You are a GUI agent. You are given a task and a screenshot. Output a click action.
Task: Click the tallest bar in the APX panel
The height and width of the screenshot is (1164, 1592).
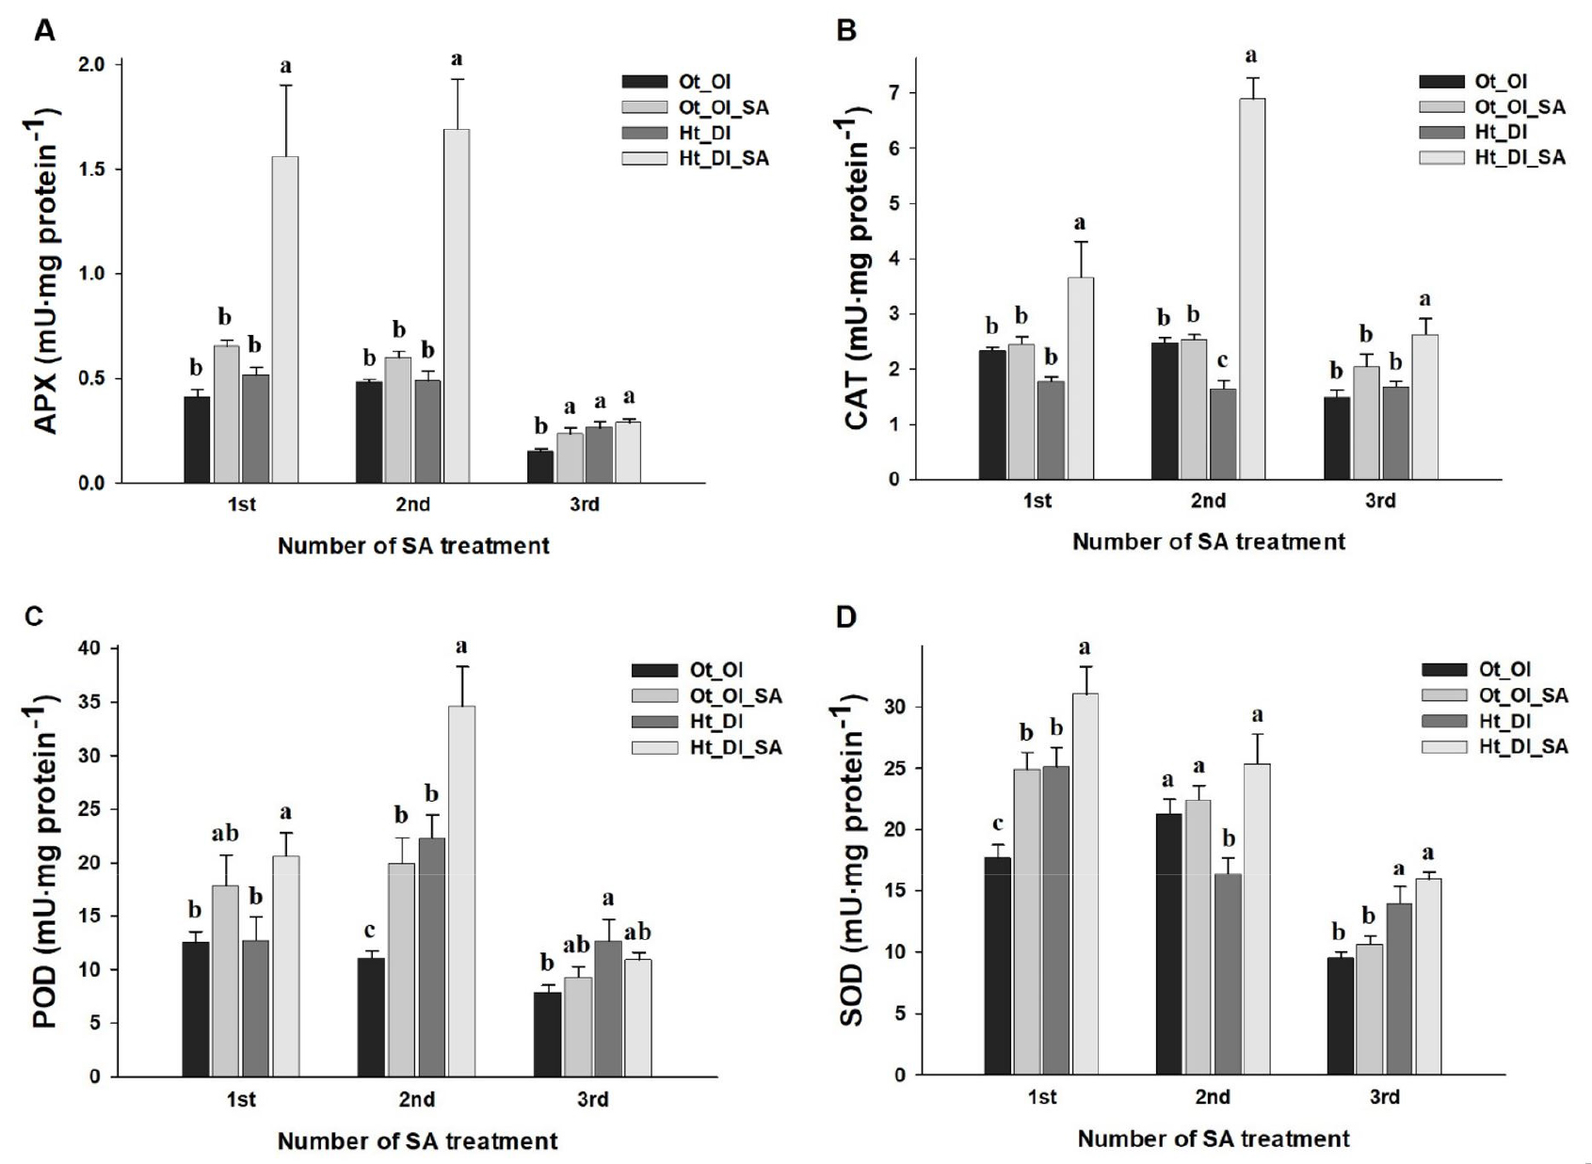[457, 306]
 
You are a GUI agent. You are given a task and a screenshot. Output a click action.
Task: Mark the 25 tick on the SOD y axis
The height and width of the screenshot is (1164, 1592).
[891, 768]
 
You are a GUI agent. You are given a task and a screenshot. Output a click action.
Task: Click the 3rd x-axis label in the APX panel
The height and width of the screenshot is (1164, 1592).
[585, 504]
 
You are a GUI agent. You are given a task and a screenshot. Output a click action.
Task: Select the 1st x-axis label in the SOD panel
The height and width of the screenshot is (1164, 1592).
[1041, 1097]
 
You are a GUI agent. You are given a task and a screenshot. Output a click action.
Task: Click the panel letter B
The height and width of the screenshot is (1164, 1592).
[846, 31]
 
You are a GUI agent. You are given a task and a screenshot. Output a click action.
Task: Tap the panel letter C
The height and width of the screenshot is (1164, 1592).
[34, 616]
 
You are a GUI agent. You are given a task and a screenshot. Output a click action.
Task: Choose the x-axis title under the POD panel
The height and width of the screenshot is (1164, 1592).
[417, 1141]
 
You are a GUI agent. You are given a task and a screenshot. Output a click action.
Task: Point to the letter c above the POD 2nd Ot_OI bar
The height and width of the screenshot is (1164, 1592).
[370, 931]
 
